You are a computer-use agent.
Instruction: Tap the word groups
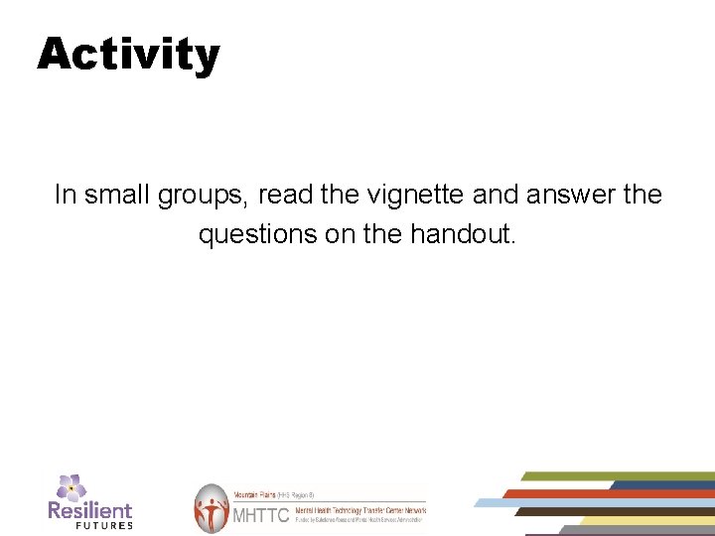pyautogui.click(x=203, y=196)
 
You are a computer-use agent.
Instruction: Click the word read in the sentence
pyautogui.click(x=288, y=195)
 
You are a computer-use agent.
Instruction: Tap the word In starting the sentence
pyautogui.click(x=65, y=195)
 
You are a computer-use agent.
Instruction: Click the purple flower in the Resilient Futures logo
pyautogui.click(x=71, y=487)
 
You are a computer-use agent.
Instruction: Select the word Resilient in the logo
pyautogui.click(x=89, y=510)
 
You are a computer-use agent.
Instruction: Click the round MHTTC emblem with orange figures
pyautogui.click(x=211, y=508)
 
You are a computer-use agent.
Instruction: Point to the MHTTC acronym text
pyautogui.click(x=260, y=515)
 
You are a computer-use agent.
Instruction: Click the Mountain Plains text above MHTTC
pyautogui.click(x=253, y=493)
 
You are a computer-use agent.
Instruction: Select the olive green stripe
pyautogui.click(x=616, y=476)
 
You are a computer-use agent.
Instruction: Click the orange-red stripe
pyautogui.click(x=606, y=493)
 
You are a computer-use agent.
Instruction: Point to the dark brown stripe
pyautogui.click(x=606, y=511)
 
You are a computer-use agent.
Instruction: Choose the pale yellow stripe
pyautogui.click(x=645, y=520)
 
